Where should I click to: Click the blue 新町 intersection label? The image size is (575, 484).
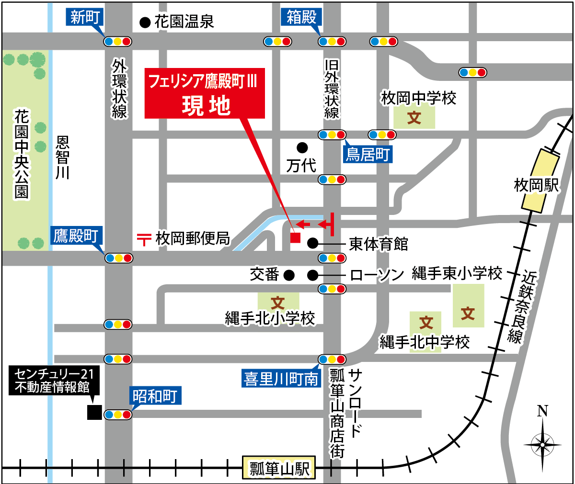point(84,18)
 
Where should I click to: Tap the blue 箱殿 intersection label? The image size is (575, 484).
point(301,18)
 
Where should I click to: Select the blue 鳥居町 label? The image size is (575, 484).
point(368,155)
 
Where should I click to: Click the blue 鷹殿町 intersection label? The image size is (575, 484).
point(76,236)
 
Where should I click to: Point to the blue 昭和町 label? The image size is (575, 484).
point(155,396)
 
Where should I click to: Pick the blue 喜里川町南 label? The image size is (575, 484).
point(281,379)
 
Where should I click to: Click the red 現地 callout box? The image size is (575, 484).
point(205,93)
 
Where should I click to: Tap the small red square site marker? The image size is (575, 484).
point(295,237)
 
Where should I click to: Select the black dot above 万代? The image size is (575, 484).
point(302,147)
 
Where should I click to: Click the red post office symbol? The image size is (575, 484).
point(144,238)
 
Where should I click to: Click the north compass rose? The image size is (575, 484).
point(542,444)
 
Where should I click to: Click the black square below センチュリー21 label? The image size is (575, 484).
point(94,412)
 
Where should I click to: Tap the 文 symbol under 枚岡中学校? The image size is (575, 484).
point(414,117)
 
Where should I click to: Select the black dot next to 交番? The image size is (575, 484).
point(288,275)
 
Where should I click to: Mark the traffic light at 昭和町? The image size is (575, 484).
point(117,415)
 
